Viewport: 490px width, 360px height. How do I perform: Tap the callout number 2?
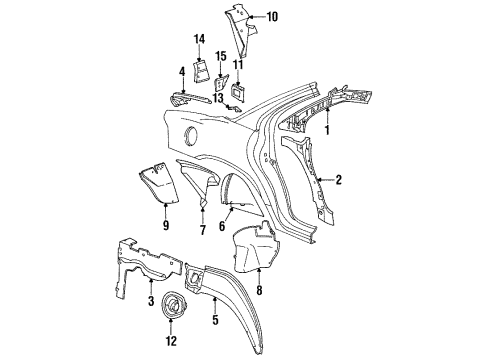point(339,180)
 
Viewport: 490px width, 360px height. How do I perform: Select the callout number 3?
point(152,301)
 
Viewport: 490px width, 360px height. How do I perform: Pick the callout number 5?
point(214,323)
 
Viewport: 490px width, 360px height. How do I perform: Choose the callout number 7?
point(203,230)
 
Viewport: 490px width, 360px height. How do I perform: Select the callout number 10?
point(273,17)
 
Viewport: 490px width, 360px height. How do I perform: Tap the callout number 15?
point(223,55)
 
